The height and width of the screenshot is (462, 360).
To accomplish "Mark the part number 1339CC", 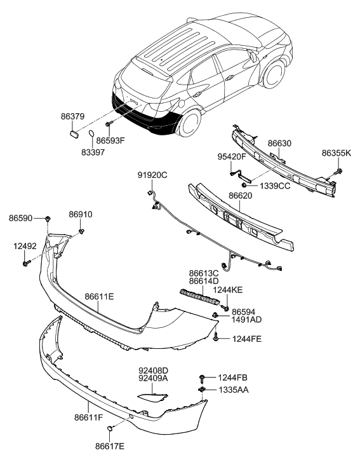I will [274, 186].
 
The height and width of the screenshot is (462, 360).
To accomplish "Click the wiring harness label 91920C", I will [153, 175].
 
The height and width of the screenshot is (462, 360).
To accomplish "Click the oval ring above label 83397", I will [91, 135].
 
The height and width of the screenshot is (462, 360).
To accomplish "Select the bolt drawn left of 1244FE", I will [218, 338].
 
